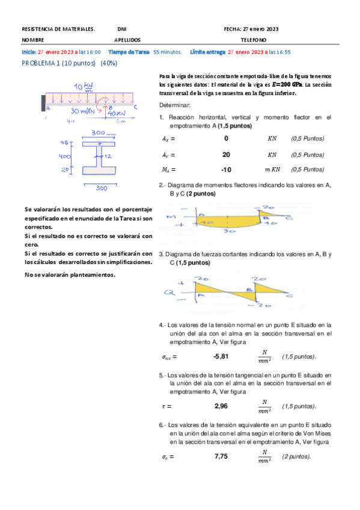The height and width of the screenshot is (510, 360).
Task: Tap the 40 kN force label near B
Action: [x=115, y=112]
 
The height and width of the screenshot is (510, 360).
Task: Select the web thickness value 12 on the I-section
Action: [x=109, y=156]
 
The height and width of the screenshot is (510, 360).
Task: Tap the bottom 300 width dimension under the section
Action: [x=102, y=188]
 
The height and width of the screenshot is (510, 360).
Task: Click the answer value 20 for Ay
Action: [x=226, y=155]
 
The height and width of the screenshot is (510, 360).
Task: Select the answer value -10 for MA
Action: [x=226, y=170]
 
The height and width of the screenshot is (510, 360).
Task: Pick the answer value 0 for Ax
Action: [x=226, y=138]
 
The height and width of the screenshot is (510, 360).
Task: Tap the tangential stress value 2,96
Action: [x=221, y=406]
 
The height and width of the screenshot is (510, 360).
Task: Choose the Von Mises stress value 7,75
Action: [x=221, y=456]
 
